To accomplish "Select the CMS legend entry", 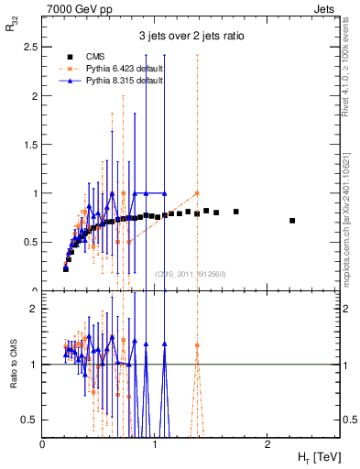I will (x=91, y=56).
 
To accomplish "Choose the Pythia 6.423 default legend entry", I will (x=112, y=68).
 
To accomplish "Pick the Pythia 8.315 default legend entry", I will (x=112, y=80).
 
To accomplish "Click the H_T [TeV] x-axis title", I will (x=316, y=455).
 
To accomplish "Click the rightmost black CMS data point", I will (x=292, y=221).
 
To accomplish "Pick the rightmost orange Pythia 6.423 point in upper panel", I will (x=197, y=193).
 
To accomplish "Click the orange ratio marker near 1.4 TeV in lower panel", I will (x=197, y=346).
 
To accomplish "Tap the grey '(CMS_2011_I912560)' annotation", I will (x=190, y=273).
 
